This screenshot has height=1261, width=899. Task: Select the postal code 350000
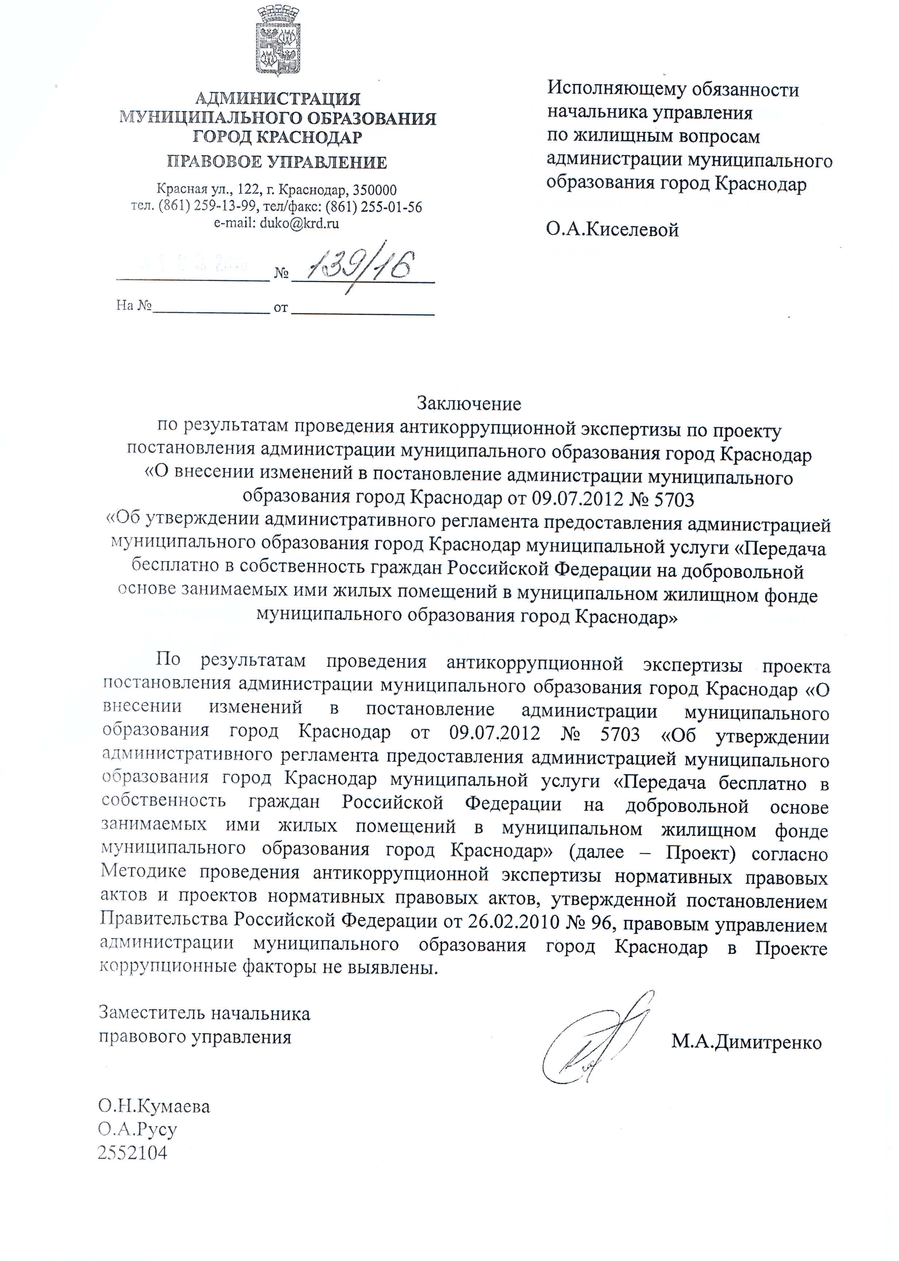[375, 190]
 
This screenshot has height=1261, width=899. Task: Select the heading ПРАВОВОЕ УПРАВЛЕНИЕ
[277, 162]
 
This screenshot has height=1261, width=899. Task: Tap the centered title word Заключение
[469, 404]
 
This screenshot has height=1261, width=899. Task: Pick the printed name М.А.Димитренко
[746, 1042]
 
